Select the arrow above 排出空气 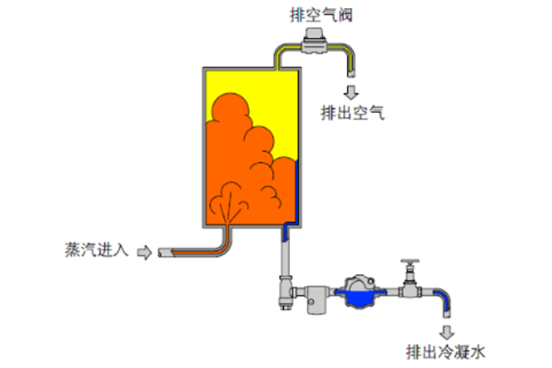coord(349,90)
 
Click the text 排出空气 coord(352,112)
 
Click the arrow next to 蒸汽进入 coord(144,252)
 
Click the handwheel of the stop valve coord(408,263)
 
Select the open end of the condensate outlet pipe coord(447,314)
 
